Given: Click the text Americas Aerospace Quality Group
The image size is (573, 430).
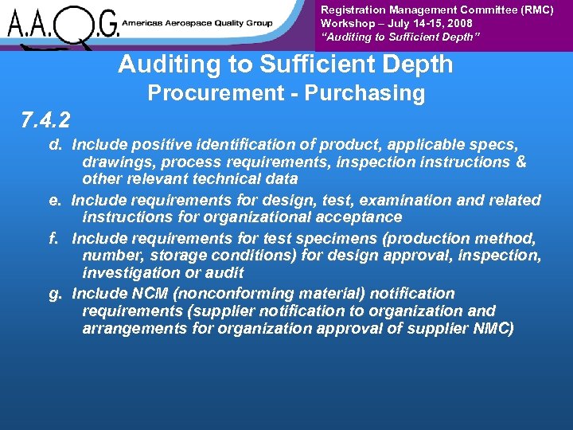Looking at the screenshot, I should click(199, 23).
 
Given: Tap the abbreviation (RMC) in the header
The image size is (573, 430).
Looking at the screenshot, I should click(537, 10).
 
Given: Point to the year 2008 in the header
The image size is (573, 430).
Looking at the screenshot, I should click(459, 24).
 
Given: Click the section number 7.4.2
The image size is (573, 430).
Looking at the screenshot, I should click(45, 120).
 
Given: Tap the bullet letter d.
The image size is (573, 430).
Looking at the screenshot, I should click(56, 145).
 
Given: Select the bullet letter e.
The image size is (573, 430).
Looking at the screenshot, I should click(56, 200).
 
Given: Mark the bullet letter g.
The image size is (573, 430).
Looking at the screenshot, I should click(56, 294).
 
